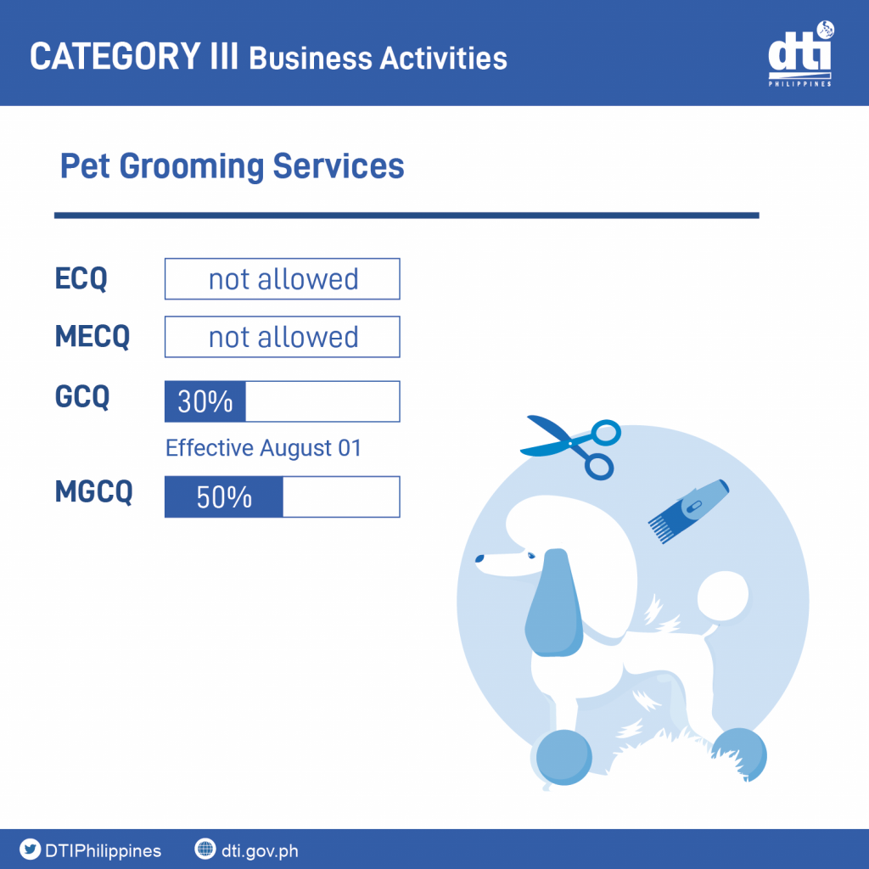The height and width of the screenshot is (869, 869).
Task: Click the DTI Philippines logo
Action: click(x=800, y=53)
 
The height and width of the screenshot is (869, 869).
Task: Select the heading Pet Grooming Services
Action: click(x=233, y=166)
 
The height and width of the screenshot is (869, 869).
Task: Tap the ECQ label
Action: click(x=81, y=278)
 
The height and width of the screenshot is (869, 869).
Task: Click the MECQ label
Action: click(x=93, y=336)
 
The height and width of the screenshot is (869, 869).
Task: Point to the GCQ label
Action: click(x=82, y=396)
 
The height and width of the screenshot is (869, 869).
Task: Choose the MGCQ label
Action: click(x=93, y=491)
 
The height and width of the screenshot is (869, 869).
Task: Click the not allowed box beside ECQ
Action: click(x=282, y=278)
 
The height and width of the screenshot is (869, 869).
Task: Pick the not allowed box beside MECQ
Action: click(x=282, y=337)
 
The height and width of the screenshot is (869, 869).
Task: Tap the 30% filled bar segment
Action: click(x=205, y=401)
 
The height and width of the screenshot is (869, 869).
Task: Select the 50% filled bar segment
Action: click(x=224, y=496)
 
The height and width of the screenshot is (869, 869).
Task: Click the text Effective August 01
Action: click(x=263, y=448)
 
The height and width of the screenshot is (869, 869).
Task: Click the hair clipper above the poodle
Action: click(x=689, y=510)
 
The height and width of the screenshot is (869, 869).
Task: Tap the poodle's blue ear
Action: click(x=554, y=603)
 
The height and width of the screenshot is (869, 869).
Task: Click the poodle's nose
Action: click(x=479, y=558)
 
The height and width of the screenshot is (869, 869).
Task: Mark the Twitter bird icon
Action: click(x=30, y=849)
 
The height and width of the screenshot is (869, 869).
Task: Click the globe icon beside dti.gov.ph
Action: click(x=205, y=849)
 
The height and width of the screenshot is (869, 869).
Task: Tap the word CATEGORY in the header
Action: click(x=115, y=56)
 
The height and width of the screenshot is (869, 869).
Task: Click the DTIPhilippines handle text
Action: click(x=103, y=850)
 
